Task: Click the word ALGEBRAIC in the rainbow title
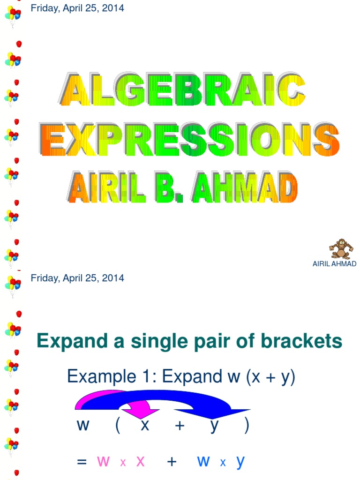(183, 91)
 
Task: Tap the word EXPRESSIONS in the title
(189, 139)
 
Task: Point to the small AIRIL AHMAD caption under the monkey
(334, 264)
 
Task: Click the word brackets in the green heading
(304, 341)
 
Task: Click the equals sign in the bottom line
(82, 462)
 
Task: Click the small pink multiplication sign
(123, 463)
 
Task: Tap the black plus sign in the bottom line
(172, 462)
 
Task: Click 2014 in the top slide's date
(115, 8)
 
